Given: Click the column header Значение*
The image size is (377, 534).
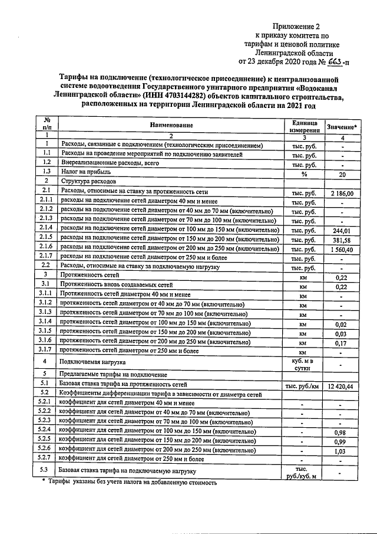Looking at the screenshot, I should (342, 127).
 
